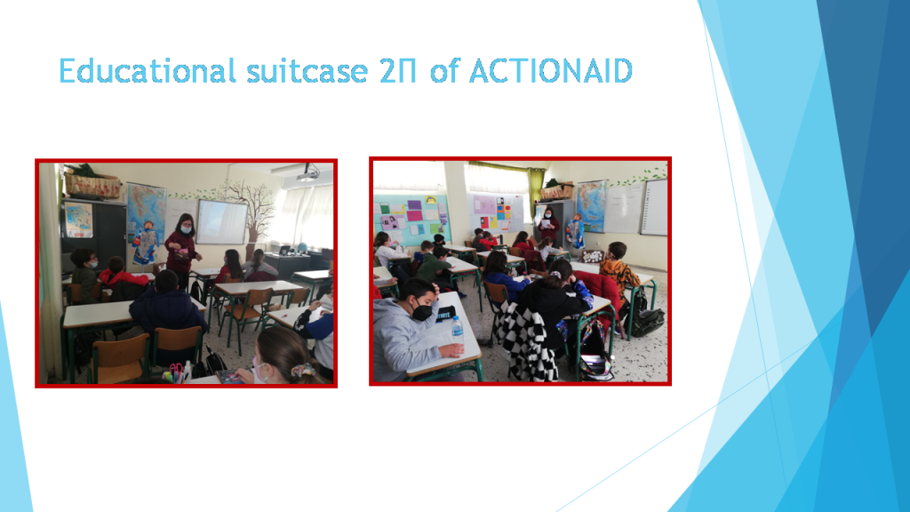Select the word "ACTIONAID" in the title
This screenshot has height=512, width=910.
tap(550, 71)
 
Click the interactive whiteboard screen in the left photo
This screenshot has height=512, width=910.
tap(221, 221)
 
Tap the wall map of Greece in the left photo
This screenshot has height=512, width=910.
tap(146, 222)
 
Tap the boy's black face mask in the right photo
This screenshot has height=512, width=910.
tap(422, 312)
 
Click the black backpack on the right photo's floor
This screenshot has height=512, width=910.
tap(648, 320)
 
